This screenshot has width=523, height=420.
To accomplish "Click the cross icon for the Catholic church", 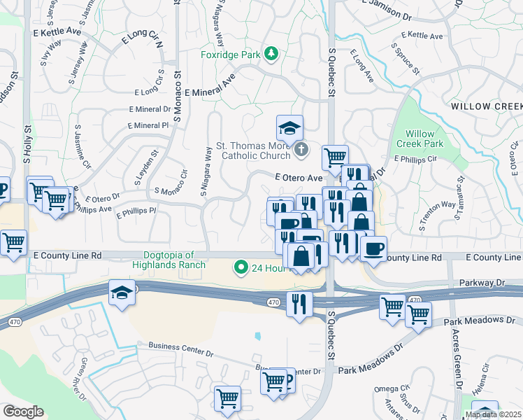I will tap(301, 148).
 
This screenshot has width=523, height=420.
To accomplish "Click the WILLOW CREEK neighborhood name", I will tap(486, 106).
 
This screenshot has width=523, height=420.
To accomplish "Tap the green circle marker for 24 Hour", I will tap(241, 267).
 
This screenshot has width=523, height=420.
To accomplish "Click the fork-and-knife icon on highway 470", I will tap(299, 304).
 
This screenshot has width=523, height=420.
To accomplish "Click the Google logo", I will tap(23, 411).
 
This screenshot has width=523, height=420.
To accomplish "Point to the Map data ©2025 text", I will tap(493, 414).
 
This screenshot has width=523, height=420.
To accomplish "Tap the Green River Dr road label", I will tap(77, 379).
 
